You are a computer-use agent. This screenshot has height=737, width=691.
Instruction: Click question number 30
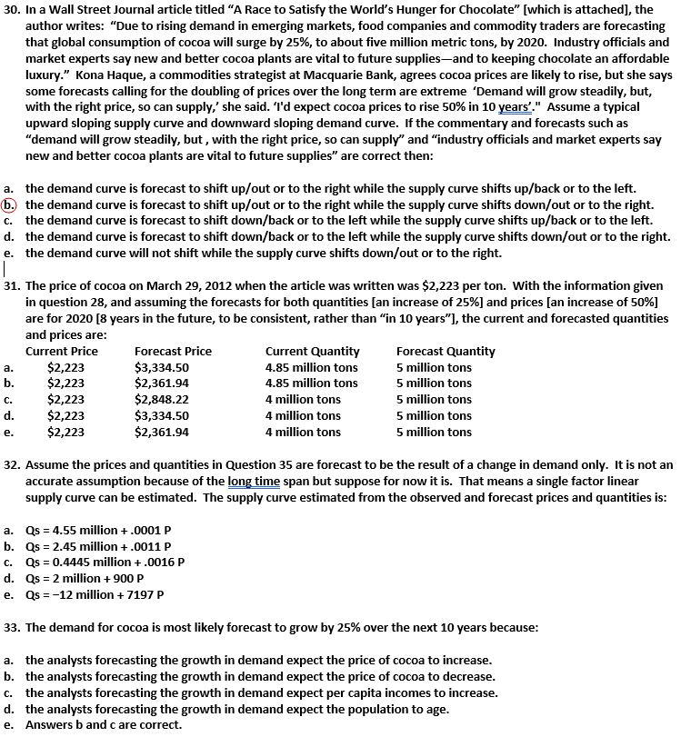pos(12,10)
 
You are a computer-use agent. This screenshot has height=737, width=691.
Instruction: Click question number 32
pos(12,465)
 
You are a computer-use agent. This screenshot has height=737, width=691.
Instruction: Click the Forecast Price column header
pos(173,352)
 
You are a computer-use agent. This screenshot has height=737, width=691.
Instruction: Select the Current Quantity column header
pos(312,352)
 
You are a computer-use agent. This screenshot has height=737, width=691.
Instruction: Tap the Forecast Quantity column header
pos(446,352)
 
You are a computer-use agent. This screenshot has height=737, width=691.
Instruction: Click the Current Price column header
pos(62,352)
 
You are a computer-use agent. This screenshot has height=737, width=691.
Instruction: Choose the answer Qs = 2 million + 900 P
pos(80,578)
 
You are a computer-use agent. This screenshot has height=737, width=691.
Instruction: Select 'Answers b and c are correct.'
pos(103,724)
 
